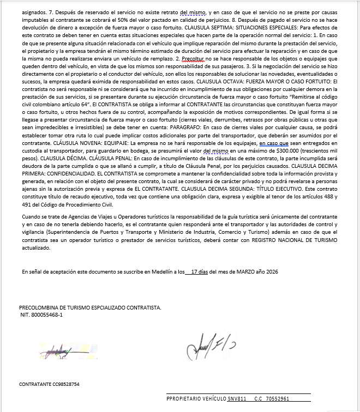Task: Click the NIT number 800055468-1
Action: pos(41,314)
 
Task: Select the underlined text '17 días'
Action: pos(201,271)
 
